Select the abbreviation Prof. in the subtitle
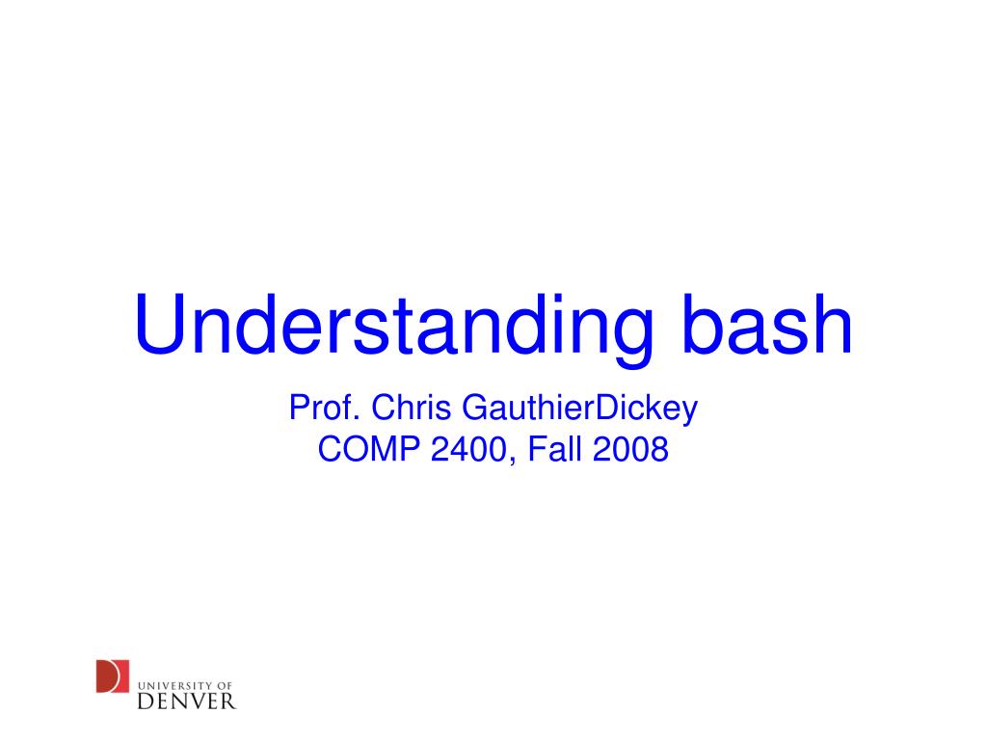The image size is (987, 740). (x=325, y=409)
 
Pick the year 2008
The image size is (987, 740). (x=630, y=449)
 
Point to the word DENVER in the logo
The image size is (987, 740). (x=186, y=699)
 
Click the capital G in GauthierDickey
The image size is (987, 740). (x=475, y=409)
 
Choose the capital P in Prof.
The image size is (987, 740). (x=298, y=409)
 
